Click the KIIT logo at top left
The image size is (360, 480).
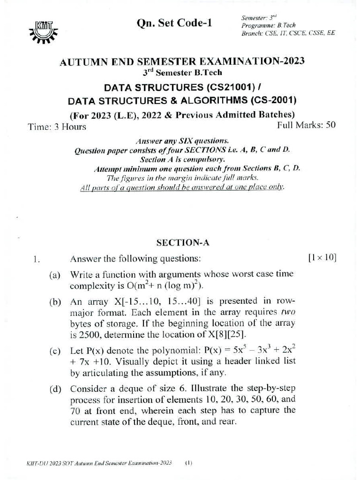click(45, 29)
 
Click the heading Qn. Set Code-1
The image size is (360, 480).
click(173, 23)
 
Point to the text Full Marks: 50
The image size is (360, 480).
click(306, 125)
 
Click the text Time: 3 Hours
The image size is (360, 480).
click(57, 127)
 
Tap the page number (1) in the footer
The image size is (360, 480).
click(188, 463)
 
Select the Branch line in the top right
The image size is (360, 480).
click(288, 34)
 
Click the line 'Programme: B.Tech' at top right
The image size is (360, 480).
click(269, 25)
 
